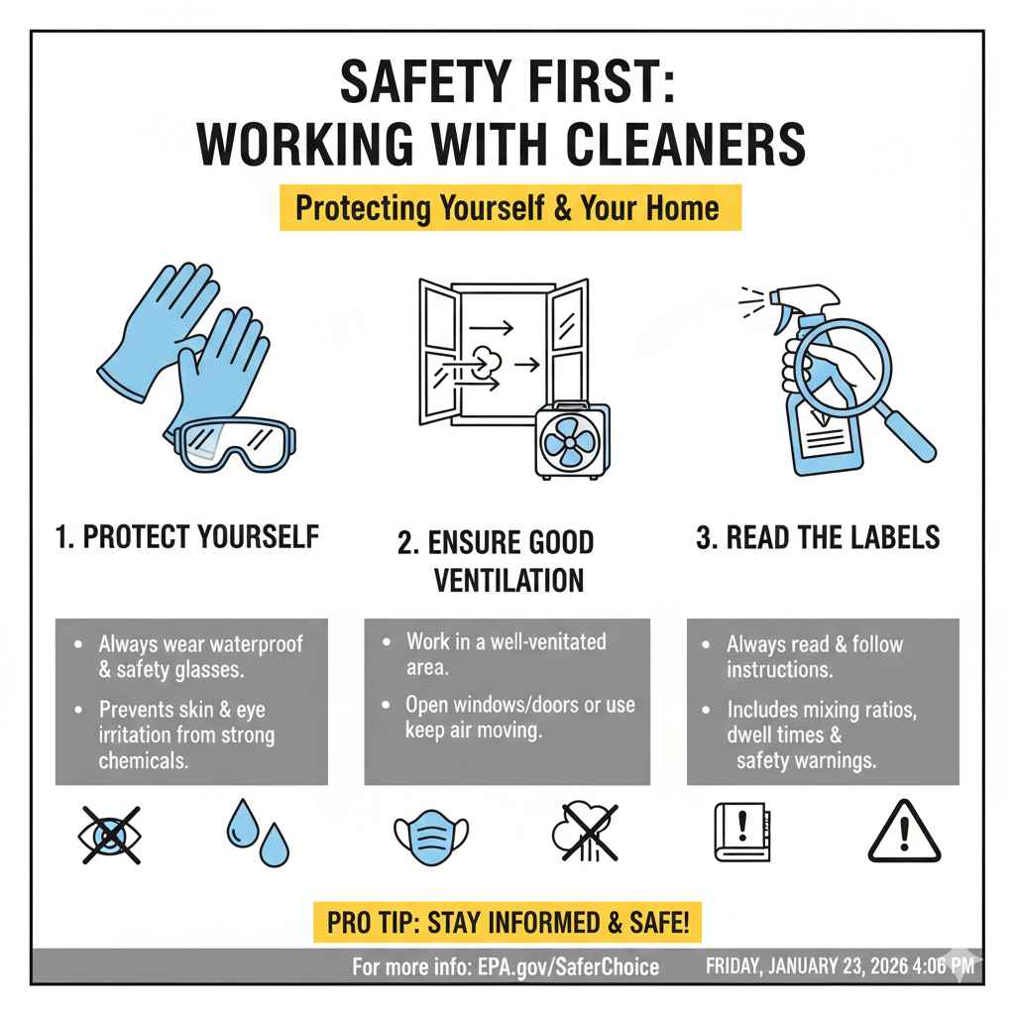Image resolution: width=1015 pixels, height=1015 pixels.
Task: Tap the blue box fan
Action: (573, 441)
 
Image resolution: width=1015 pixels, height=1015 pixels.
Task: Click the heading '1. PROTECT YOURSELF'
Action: (186, 537)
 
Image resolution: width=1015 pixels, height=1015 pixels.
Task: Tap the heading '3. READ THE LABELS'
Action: (818, 537)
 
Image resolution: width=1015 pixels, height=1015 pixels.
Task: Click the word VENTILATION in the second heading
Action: (508, 580)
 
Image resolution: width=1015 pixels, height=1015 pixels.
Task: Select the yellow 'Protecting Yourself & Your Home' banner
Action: (509, 208)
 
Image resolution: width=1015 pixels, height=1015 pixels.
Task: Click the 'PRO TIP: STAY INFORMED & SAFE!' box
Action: (508, 924)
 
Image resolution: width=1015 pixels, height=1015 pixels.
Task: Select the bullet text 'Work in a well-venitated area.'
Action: (505, 653)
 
